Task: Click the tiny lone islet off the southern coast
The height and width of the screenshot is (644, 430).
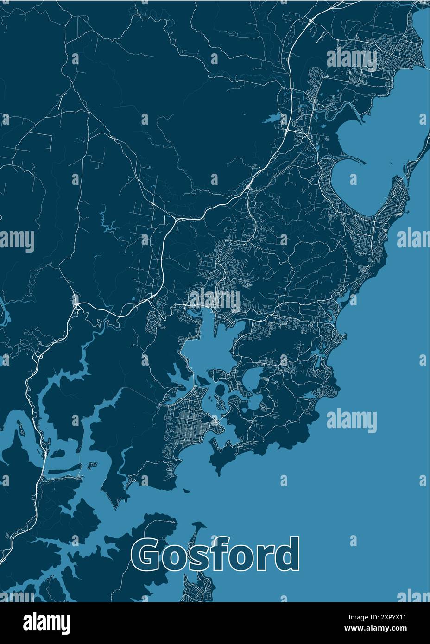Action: coord(186,491)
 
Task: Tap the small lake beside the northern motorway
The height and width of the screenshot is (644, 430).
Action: coord(273,118)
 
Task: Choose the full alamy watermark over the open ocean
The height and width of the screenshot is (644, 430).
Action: coord(352,421)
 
